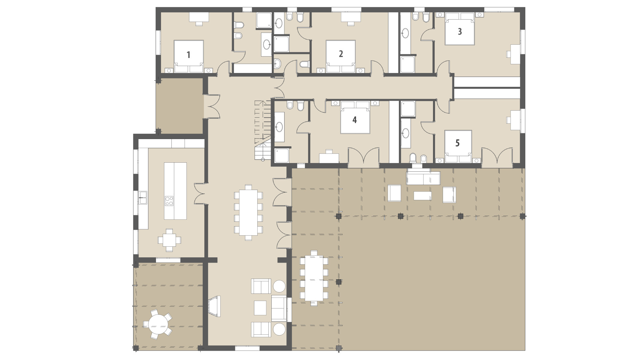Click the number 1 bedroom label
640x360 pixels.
click(x=188, y=55)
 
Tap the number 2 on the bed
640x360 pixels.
click(x=341, y=54)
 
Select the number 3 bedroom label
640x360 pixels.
click(x=460, y=31)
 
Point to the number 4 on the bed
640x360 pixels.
click(x=355, y=120)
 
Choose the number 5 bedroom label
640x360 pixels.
click(x=457, y=143)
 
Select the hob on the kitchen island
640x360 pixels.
click(x=169, y=200)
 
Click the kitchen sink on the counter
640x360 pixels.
click(x=143, y=197)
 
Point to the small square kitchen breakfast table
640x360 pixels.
click(x=169, y=239)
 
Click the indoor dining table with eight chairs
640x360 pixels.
click(x=248, y=212)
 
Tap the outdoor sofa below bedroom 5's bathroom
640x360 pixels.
click(x=423, y=178)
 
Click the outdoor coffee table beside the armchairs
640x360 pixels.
click(x=422, y=195)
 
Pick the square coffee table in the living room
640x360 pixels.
click(x=260, y=308)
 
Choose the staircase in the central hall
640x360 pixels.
click(x=263, y=130)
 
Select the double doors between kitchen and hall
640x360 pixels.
click(x=201, y=193)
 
